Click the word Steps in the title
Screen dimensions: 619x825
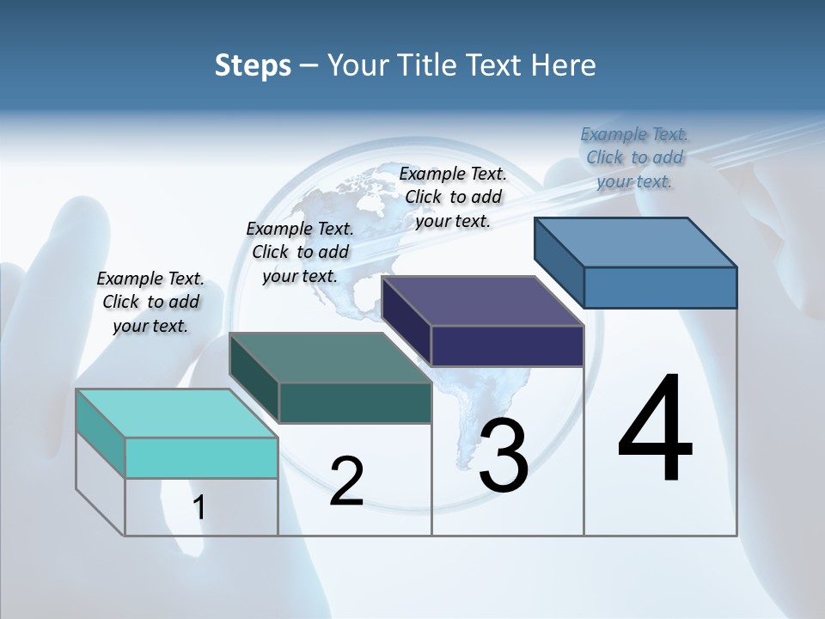coord(253,65)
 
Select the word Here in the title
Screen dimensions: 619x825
coord(563,65)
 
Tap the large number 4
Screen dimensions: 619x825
coord(655,430)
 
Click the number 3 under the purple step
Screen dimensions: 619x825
coord(504,456)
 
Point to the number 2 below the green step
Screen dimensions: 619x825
coord(346,481)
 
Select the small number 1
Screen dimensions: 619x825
coord(199,508)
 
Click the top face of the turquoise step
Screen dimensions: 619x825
coord(176,413)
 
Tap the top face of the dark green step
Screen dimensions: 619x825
coord(330,358)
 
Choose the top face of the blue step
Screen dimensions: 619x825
coord(636,242)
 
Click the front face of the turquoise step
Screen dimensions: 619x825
coord(201,457)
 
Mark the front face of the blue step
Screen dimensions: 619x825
coord(660,287)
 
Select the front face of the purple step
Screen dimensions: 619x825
coord(507,346)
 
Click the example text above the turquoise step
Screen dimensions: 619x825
coord(150,302)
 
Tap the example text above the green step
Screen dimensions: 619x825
coord(300,252)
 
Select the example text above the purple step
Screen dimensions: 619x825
coord(453,197)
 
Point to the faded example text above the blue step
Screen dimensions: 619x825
coord(634,157)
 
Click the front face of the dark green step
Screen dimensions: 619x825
coord(355,402)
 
